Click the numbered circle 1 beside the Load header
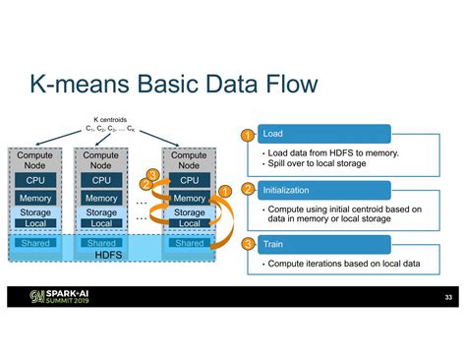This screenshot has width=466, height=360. (248, 134)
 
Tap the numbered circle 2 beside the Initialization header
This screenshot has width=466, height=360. (248, 189)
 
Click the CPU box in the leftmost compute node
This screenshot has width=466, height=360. (35, 180)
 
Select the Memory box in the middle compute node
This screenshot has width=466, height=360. (101, 199)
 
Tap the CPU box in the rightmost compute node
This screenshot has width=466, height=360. (190, 180)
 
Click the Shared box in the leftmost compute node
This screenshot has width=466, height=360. (35, 243)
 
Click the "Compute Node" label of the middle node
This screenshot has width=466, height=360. (101, 160)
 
